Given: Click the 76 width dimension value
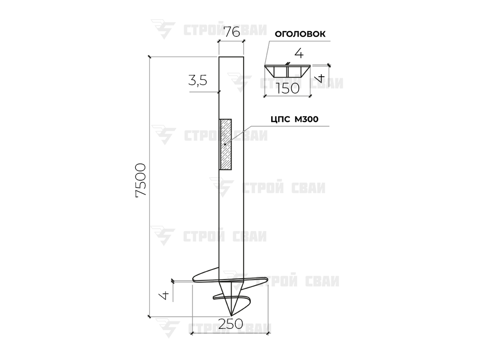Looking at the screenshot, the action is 232,32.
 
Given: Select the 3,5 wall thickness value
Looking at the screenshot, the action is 198,80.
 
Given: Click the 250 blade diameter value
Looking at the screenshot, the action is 231,324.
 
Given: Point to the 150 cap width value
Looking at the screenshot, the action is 288,89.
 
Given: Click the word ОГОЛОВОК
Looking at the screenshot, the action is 300,34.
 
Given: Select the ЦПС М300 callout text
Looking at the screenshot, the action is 294,119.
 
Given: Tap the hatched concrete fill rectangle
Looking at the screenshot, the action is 226,144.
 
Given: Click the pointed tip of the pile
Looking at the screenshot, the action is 231,315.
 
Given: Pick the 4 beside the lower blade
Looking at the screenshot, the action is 165,295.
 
